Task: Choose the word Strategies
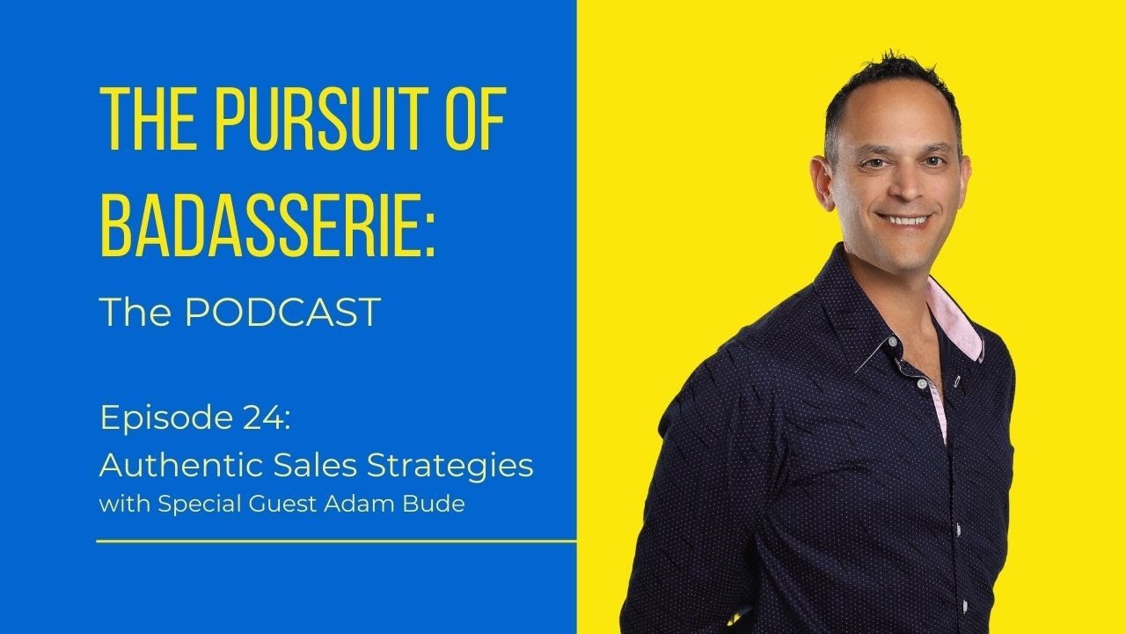click(462, 466)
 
